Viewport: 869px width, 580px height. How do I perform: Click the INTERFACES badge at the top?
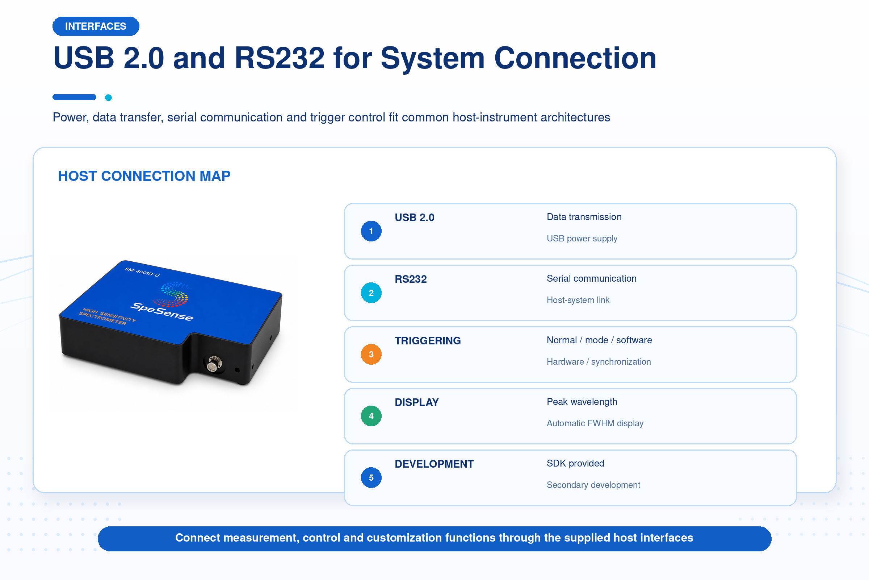point(96,26)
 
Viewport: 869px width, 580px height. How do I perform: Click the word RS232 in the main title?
point(279,58)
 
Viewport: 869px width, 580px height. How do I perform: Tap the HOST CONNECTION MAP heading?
point(144,176)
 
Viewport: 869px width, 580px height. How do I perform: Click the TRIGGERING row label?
point(428,341)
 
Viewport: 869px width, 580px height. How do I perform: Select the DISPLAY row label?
point(416,402)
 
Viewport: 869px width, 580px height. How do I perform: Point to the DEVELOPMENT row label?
point(434,464)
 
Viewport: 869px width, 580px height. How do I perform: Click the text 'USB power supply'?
point(582,239)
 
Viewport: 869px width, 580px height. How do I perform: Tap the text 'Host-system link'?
point(578,300)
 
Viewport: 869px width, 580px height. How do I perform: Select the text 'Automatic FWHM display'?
point(595,423)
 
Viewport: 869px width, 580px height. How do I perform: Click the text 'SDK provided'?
point(575,464)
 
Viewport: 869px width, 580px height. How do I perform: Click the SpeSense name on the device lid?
point(161,311)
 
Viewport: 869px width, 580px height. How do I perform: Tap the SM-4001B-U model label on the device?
point(142,272)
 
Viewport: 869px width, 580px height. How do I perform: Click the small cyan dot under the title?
point(108,98)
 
